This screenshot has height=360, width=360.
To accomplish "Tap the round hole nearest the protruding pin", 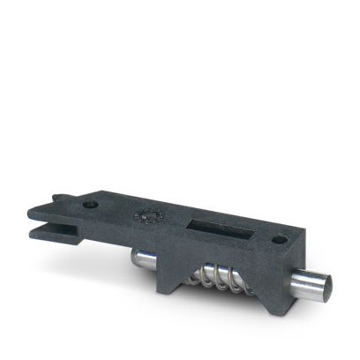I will click(279, 238).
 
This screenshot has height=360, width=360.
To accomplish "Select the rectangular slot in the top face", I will click(212, 221).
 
